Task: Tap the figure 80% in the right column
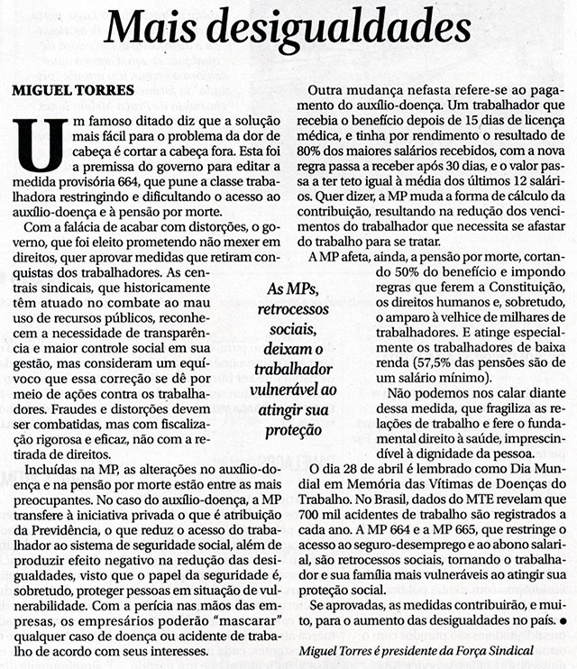click(x=324, y=165)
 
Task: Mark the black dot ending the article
click(x=563, y=621)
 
